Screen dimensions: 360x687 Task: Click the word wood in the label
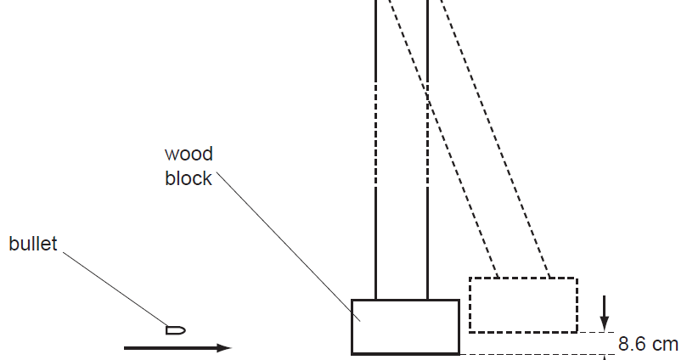tap(189, 155)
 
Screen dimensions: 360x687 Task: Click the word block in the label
tap(189, 178)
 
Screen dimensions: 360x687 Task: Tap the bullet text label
tap(33, 245)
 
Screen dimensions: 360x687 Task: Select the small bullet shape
tap(176, 329)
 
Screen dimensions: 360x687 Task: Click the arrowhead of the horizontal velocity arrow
tap(224, 347)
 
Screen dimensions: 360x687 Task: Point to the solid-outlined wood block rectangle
tap(405, 326)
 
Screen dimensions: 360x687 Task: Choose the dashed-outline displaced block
tap(522, 304)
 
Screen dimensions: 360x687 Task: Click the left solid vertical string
tap(375, 238)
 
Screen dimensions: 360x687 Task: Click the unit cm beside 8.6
tap(667, 344)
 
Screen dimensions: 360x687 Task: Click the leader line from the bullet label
tap(115, 289)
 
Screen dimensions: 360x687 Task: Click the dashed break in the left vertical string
tap(375, 136)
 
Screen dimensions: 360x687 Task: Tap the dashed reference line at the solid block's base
tap(535, 353)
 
